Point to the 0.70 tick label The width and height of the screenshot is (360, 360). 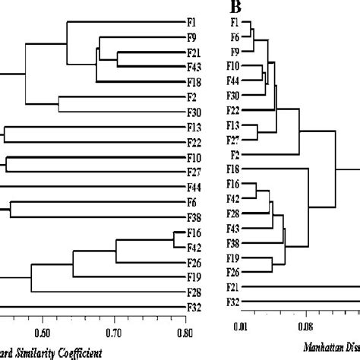[x=114, y=331]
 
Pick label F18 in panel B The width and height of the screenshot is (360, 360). [x=234, y=169]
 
